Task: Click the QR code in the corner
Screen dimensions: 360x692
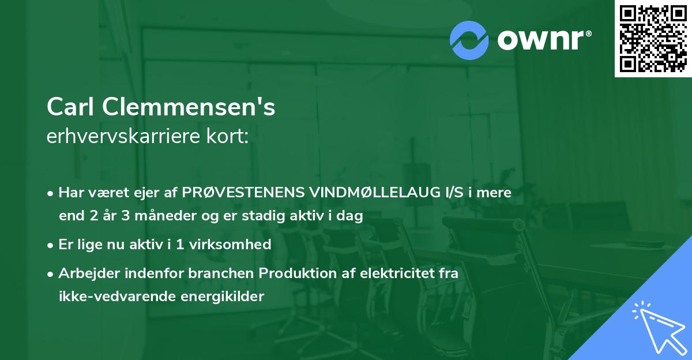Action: click(653, 38)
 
